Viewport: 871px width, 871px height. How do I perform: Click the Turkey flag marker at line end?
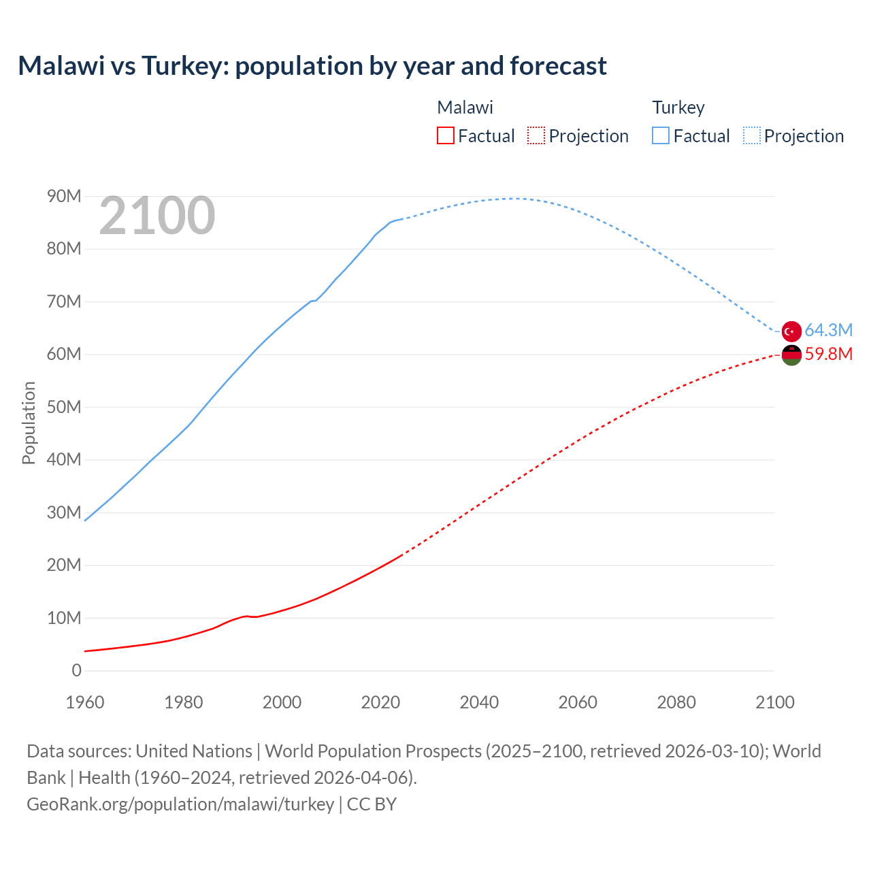[x=791, y=331]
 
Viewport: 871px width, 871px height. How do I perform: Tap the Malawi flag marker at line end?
[x=791, y=355]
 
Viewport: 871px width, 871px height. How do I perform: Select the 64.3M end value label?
[x=828, y=330]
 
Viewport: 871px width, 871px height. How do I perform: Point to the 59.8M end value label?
[x=828, y=354]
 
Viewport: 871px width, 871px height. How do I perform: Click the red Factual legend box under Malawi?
[x=445, y=135]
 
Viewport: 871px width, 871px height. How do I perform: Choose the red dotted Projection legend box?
[x=536, y=135]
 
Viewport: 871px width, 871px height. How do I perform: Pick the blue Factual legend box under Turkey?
[x=660, y=135]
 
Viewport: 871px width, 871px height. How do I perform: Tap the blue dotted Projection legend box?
[x=751, y=135]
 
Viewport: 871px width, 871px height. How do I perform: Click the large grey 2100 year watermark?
[x=157, y=216]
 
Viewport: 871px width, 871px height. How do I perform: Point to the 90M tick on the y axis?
[x=64, y=196]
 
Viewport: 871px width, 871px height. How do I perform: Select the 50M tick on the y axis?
[x=64, y=407]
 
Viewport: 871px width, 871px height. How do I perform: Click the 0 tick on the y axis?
[x=76, y=670]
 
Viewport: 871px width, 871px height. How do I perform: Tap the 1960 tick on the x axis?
[x=85, y=702]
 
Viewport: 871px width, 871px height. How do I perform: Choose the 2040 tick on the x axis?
[x=479, y=702]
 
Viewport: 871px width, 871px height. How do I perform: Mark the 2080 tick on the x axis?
[x=676, y=702]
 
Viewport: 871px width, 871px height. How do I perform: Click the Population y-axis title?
[x=29, y=423]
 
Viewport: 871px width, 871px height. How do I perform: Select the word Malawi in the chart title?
[x=61, y=66]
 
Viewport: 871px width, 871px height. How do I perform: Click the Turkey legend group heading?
[x=678, y=108]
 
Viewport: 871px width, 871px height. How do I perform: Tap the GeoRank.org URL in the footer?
[x=180, y=804]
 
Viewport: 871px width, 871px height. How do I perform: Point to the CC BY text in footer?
[x=372, y=804]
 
